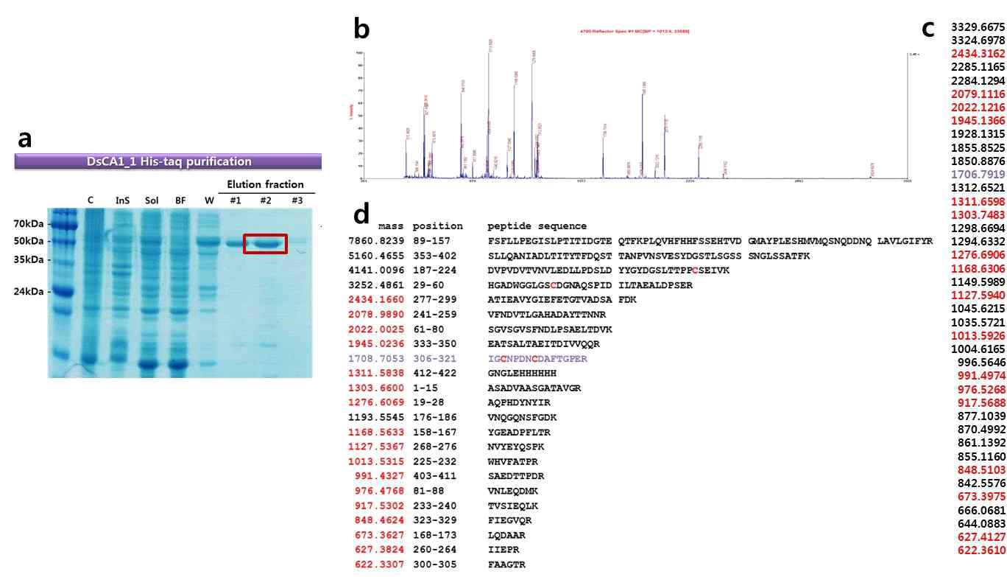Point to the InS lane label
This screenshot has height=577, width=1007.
(x=121, y=200)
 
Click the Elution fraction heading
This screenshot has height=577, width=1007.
(x=265, y=184)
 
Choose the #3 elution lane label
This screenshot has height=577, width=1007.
(x=297, y=200)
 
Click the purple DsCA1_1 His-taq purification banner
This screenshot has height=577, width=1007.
(x=168, y=161)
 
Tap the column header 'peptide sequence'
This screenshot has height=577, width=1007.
(x=537, y=226)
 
